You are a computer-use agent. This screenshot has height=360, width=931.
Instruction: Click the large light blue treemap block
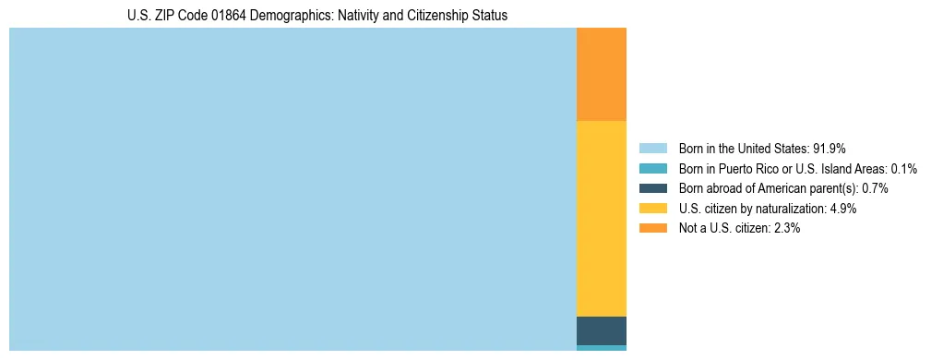pyautogui.click(x=292, y=189)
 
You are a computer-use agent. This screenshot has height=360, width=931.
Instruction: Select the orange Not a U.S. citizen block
pyautogui.click(x=601, y=75)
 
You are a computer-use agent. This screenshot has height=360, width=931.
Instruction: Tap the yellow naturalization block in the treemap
pyautogui.click(x=601, y=219)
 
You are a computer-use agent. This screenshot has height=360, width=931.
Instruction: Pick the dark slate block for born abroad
pyautogui.click(x=601, y=330)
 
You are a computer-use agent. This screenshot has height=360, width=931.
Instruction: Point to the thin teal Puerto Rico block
pyautogui.click(x=601, y=348)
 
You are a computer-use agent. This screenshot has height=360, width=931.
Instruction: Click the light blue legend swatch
pyautogui.click(x=652, y=148)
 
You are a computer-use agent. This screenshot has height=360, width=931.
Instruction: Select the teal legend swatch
pyautogui.click(x=652, y=168)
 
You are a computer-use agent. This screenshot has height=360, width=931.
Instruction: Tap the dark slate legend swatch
pyautogui.click(x=652, y=188)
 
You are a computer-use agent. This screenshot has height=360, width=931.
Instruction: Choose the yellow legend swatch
pyautogui.click(x=652, y=209)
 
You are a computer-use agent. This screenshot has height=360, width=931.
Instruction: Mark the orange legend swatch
pyautogui.click(x=652, y=228)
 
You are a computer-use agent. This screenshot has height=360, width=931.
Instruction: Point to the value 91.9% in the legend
pyautogui.click(x=830, y=148)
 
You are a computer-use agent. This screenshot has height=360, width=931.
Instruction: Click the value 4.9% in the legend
pyautogui.click(x=843, y=209)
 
